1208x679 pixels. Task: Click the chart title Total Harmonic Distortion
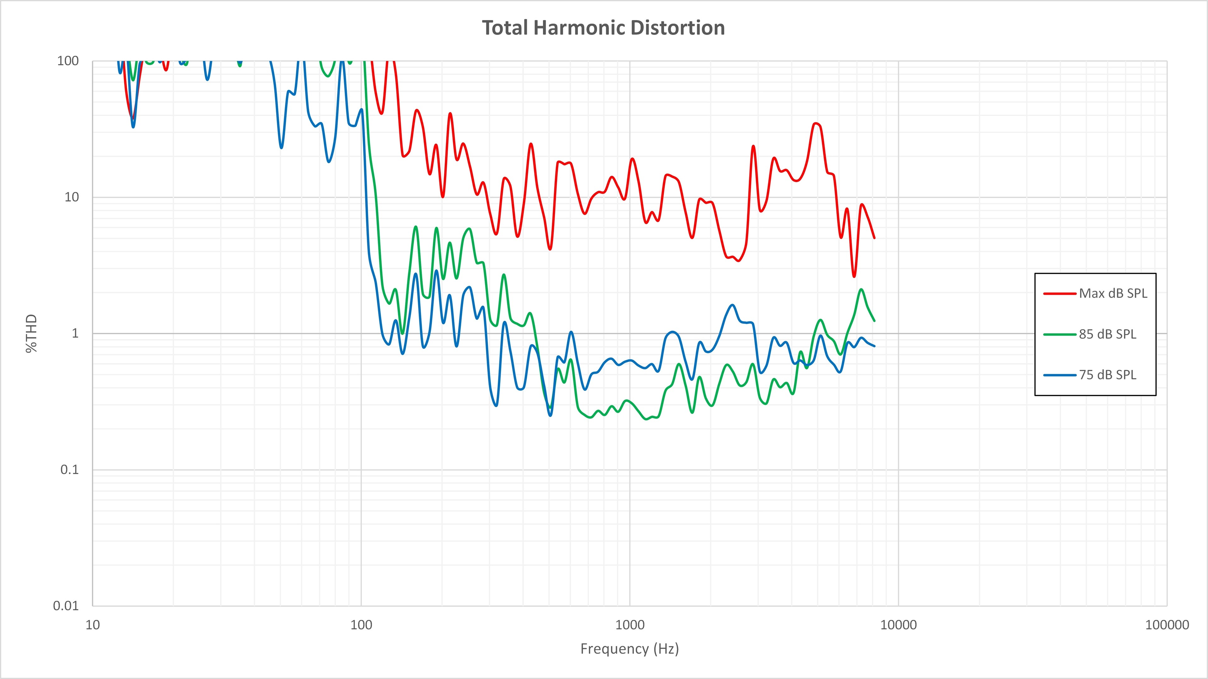coord(604,28)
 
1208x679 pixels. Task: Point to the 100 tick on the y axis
coord(68,61)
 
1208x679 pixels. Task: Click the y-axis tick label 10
coord(71,197)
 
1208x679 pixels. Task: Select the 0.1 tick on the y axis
coord(70,470)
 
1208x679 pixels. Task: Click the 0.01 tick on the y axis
coord(66,605)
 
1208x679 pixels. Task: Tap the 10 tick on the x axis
coord(93,625)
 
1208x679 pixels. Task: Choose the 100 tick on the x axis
coord(361,625)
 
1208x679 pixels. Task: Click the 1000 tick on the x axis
coord(630,625)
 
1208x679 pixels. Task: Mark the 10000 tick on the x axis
coord(898,625)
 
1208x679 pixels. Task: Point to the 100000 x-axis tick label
coord(1167,625)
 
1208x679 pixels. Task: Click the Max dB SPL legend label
coord(1113,293)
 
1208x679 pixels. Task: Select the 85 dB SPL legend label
coord(1107,334)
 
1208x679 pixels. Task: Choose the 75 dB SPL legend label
coord(1107,375)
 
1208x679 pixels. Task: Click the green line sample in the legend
coord(1059,334)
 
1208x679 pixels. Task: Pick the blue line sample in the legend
coord(1059,375)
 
